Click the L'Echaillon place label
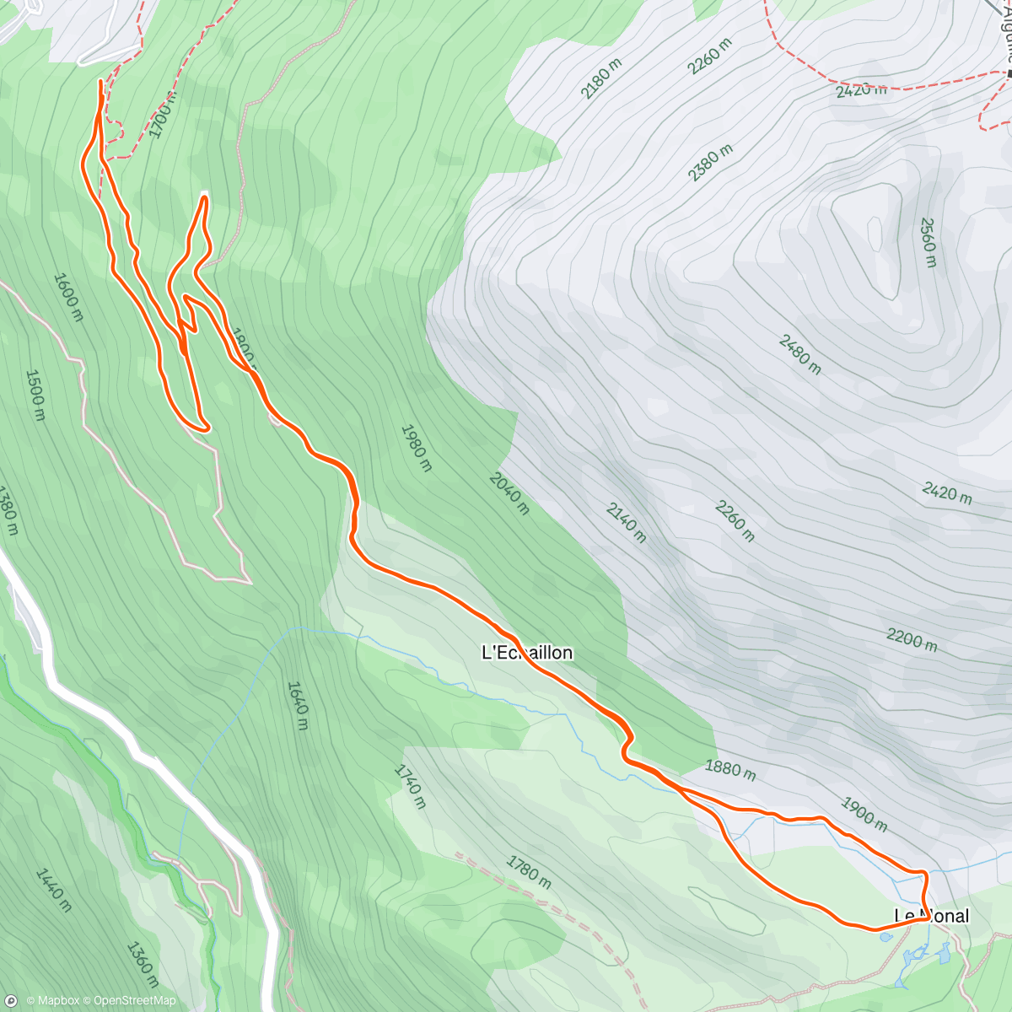pyautogui.click(x=527, y=653)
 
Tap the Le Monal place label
pyautogui.click(x=932, y=916)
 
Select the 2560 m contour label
pyautogui.click(x=928, y=242)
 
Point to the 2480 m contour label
pyautogui.click(x=799, y=354)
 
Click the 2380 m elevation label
pyautogui.click(x=710, y=162)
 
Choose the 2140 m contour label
pyautogui.click(x=626, y=522)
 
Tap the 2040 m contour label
pyautogui.click(x=509, y=493)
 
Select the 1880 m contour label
pyautogui.click(x=730, y=770)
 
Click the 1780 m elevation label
pyautogui.click(x=529, y=871)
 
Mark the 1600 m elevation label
pyautogui.click(x=68, y=296)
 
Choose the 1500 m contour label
pyautogui.click(x=35, y=395)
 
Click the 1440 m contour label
pyautogui.click(x=53, y=890)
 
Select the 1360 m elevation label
pyautogui.click(x=143, y=964)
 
